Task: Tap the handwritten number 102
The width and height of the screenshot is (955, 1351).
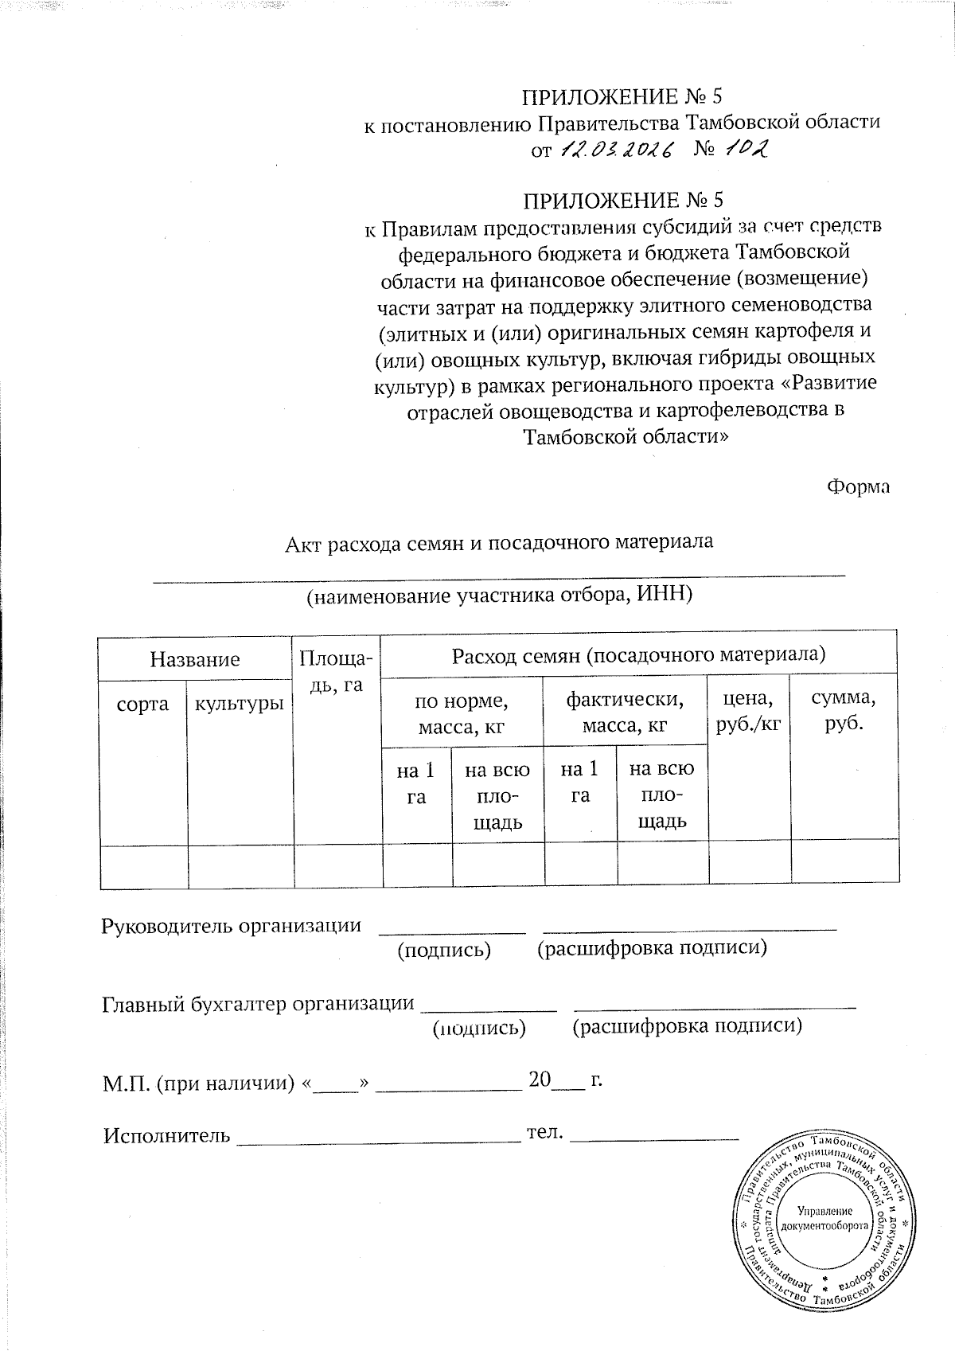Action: click(747, 149)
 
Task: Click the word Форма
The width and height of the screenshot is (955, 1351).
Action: click(858, 486)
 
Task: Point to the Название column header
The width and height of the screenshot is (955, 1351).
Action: click(195, 659)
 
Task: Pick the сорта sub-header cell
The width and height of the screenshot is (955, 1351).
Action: click(143, 704)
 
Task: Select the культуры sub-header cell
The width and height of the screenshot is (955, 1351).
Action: click(240, 704)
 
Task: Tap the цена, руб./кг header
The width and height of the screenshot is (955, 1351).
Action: click(748, 712)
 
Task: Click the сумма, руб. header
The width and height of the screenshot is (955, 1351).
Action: click(844, 712)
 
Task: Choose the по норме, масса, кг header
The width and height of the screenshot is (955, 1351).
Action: click(462, 713)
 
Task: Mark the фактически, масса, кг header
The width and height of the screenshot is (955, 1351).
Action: click(625, 713)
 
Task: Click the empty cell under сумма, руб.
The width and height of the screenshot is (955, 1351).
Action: click(844, 865)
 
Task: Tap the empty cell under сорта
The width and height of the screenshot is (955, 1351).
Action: click(144, 866)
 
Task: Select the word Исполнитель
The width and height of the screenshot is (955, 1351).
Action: click(167, 1135)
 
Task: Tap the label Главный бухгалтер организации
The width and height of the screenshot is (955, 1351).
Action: click(259, 1005)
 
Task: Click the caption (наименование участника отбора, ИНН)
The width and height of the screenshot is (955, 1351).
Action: click(500, 595)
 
